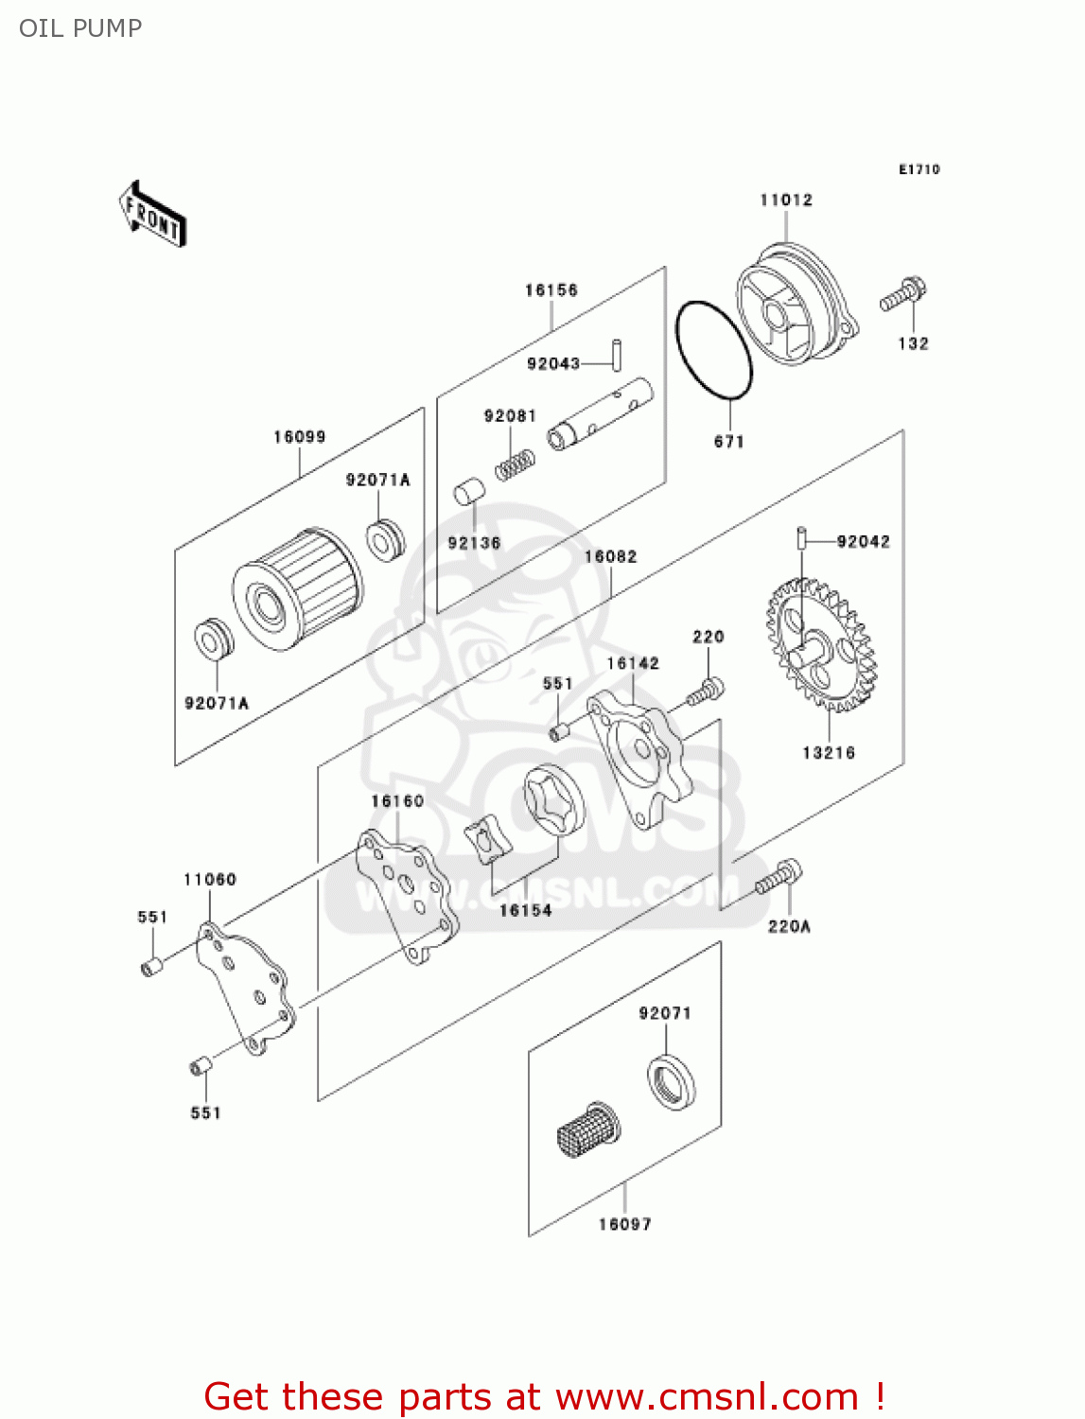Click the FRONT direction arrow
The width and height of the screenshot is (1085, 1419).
pos(151,216)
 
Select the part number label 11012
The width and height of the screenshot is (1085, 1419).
pos(786,200)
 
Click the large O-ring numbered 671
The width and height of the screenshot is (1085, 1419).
pos(713,352)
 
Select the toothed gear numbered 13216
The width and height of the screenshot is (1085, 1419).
pos(821,646)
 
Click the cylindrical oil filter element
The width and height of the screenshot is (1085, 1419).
pos(298,588)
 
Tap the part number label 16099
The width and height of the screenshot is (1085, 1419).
pos(299,437)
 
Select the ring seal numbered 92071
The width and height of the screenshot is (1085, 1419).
pos(671,1082)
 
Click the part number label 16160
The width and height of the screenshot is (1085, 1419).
pos(397,801)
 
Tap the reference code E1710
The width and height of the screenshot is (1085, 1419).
pos(919,169)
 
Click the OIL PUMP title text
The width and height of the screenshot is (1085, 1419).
pos(80,28)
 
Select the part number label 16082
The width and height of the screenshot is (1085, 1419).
pos(610,557)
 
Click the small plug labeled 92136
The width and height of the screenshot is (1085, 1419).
pos(469,493)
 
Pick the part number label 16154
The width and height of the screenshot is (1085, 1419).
pos(525,910)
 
